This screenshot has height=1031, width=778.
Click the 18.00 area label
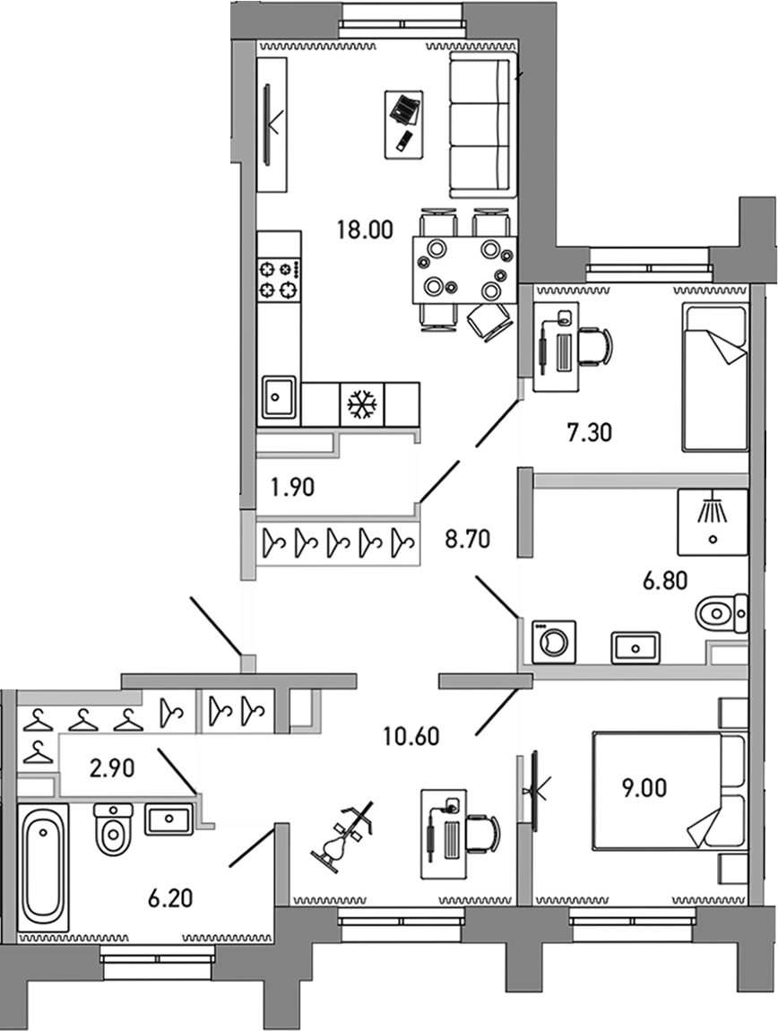365,230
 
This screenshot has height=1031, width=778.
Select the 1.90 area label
291,489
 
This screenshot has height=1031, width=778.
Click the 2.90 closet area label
111,767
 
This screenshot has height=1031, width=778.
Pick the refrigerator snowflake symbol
362,404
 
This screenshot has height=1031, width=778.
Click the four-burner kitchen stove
278,279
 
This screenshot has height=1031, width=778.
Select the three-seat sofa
482,125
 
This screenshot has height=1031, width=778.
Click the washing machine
554,642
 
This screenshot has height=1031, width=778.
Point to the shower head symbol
713,510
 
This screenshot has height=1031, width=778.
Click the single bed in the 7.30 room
714,377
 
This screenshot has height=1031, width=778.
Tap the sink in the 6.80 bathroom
635,645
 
